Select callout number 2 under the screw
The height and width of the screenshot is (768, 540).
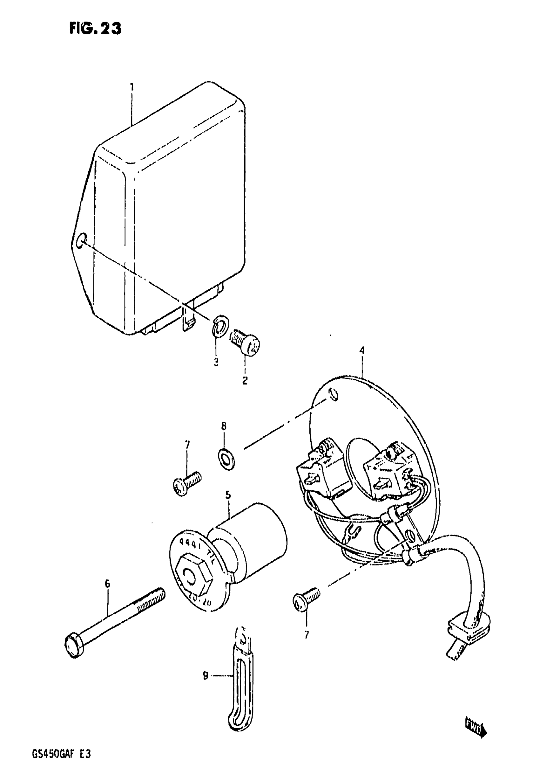point(245,380)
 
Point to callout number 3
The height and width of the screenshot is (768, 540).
point(216,362)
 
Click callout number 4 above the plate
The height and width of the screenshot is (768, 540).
point(362,350)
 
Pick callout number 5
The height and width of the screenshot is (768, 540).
point(228,495)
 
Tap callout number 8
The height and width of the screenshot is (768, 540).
point(224,426)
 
